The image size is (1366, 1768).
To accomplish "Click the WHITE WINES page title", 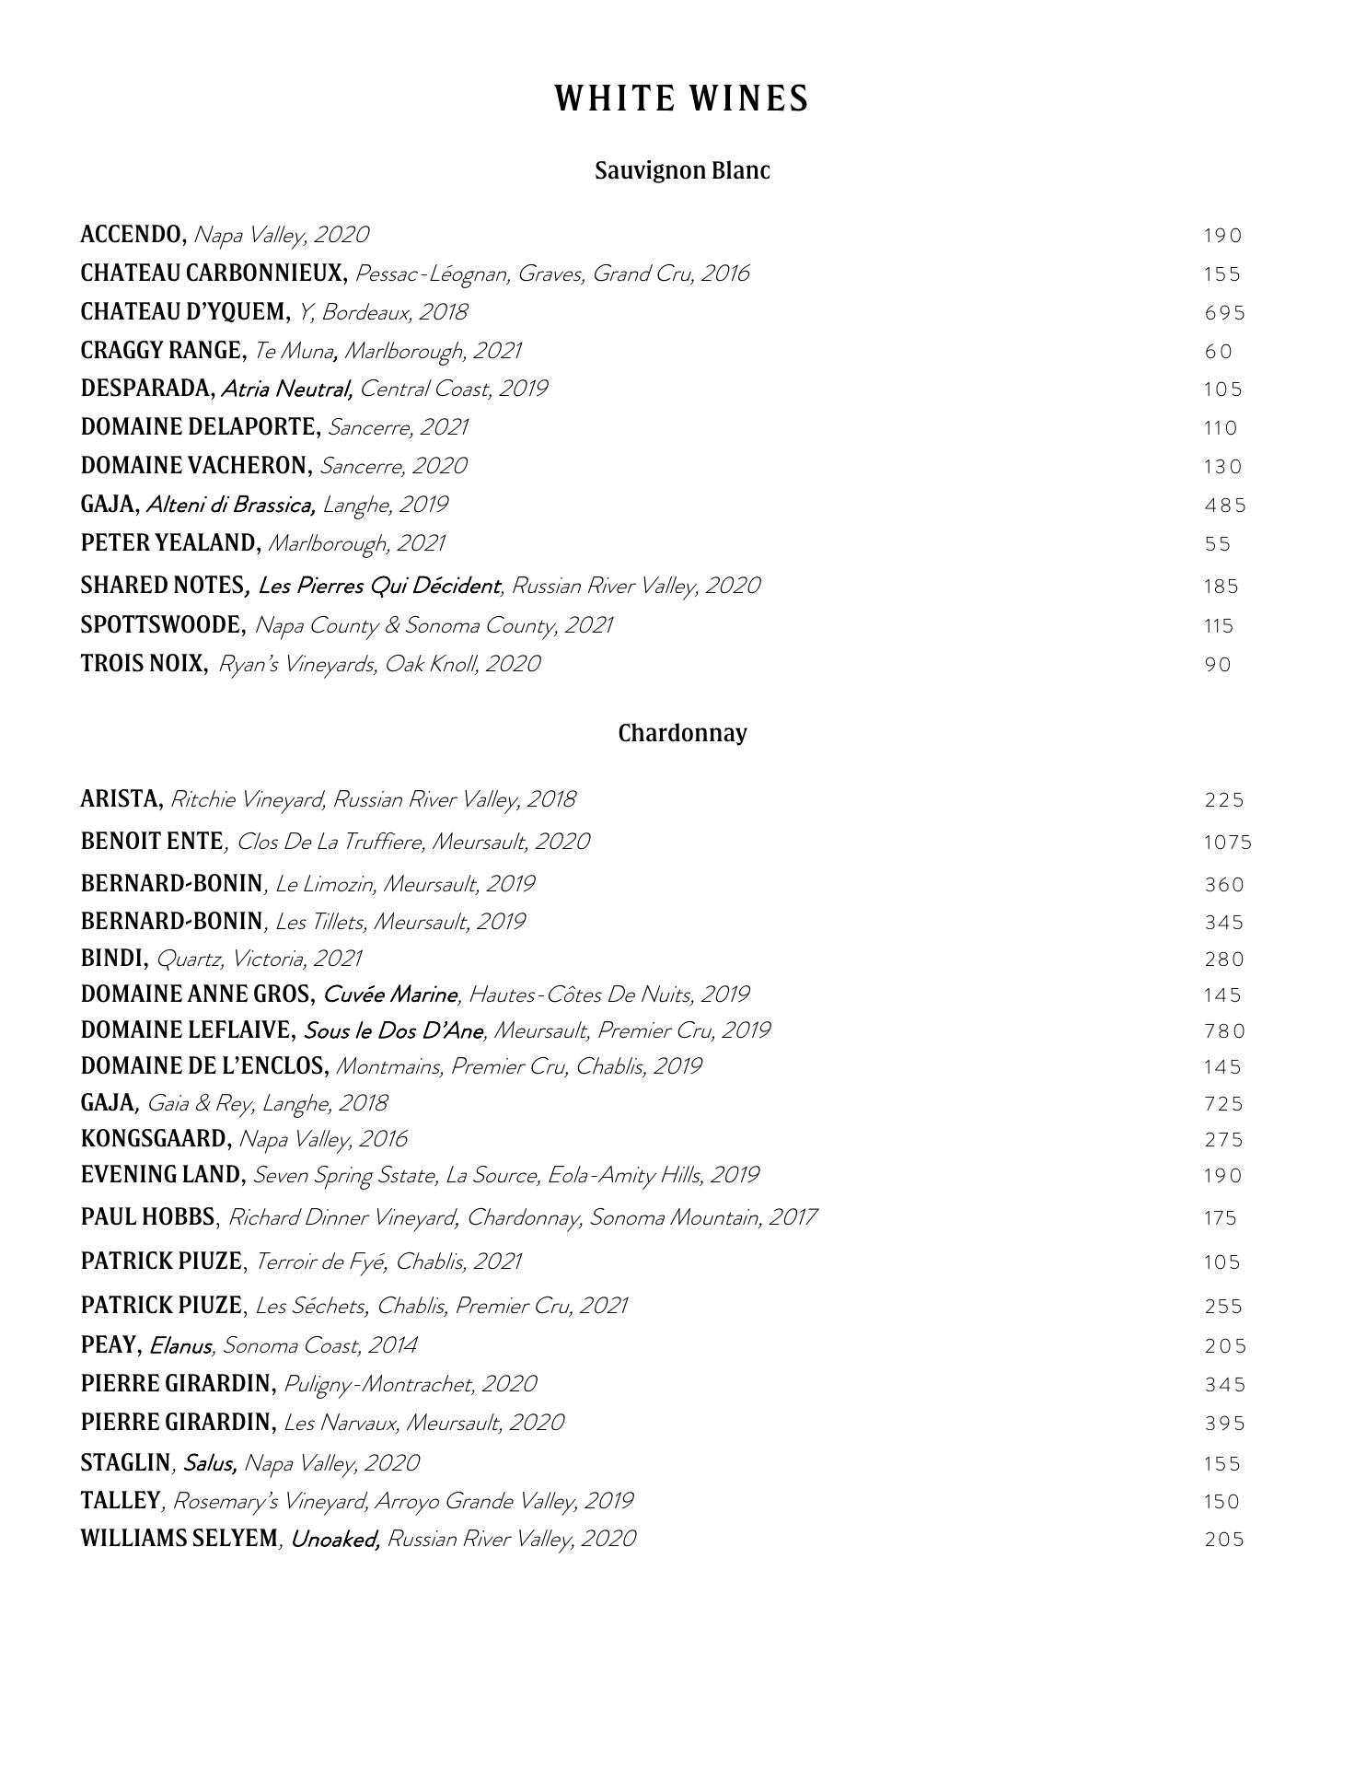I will tap(681, 99).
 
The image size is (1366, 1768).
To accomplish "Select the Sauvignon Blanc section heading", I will tap(682, 170).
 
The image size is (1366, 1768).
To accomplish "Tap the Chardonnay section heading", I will tap(682, 733).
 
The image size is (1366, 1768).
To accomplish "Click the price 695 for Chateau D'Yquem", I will tap(1224, 313).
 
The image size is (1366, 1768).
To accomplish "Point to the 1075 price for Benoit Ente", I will tap(1228, 843).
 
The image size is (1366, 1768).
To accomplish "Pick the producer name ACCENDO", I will tap(133, 235).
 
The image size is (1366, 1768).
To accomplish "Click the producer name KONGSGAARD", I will tap(156, 1139).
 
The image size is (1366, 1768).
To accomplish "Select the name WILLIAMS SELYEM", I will tap(179, 1539).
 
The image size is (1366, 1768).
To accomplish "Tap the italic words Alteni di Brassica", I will tap(231, 505).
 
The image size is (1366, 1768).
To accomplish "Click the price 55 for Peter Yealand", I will tap(1217, 544).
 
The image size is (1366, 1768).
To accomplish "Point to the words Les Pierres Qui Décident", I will tap(379, 586).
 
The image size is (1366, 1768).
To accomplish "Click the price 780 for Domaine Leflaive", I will tap(1224, 1031).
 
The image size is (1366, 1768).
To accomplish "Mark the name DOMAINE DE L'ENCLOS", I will tap(204, 1066).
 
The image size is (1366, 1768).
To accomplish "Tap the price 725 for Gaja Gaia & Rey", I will tap(1224, 1103).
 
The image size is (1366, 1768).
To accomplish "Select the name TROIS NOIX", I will tap(144, 664).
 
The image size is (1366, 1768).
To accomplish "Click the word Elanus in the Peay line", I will tap(180, 1346).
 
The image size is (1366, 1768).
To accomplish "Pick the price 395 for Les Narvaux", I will tap(1224, 1424).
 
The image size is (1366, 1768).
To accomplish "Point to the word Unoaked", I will tap(335, 1539).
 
